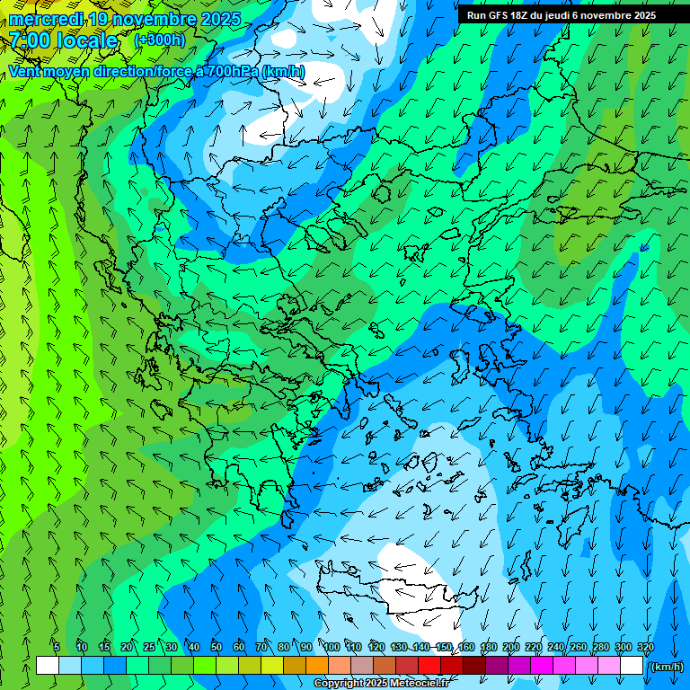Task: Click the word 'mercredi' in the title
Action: coord(46,19)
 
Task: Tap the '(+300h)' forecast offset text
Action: coord(159,40)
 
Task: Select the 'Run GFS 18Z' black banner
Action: coord(561,15)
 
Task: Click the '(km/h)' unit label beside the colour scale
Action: coord(666,667)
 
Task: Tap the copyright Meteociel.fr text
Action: coord(381,684)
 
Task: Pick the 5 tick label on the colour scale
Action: coord(57,647)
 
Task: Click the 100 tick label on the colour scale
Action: coord(332,647)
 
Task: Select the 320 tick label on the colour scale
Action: coord(646,647)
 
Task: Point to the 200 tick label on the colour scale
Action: coord(511,647)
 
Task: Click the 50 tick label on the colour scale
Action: coord(217,647)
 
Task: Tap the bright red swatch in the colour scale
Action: coord(430,666)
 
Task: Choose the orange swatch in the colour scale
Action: coord(317,666)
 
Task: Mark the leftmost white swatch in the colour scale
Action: coord(48,666)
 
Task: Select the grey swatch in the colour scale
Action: coord(362,666)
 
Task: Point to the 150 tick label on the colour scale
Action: coord(444,647)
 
